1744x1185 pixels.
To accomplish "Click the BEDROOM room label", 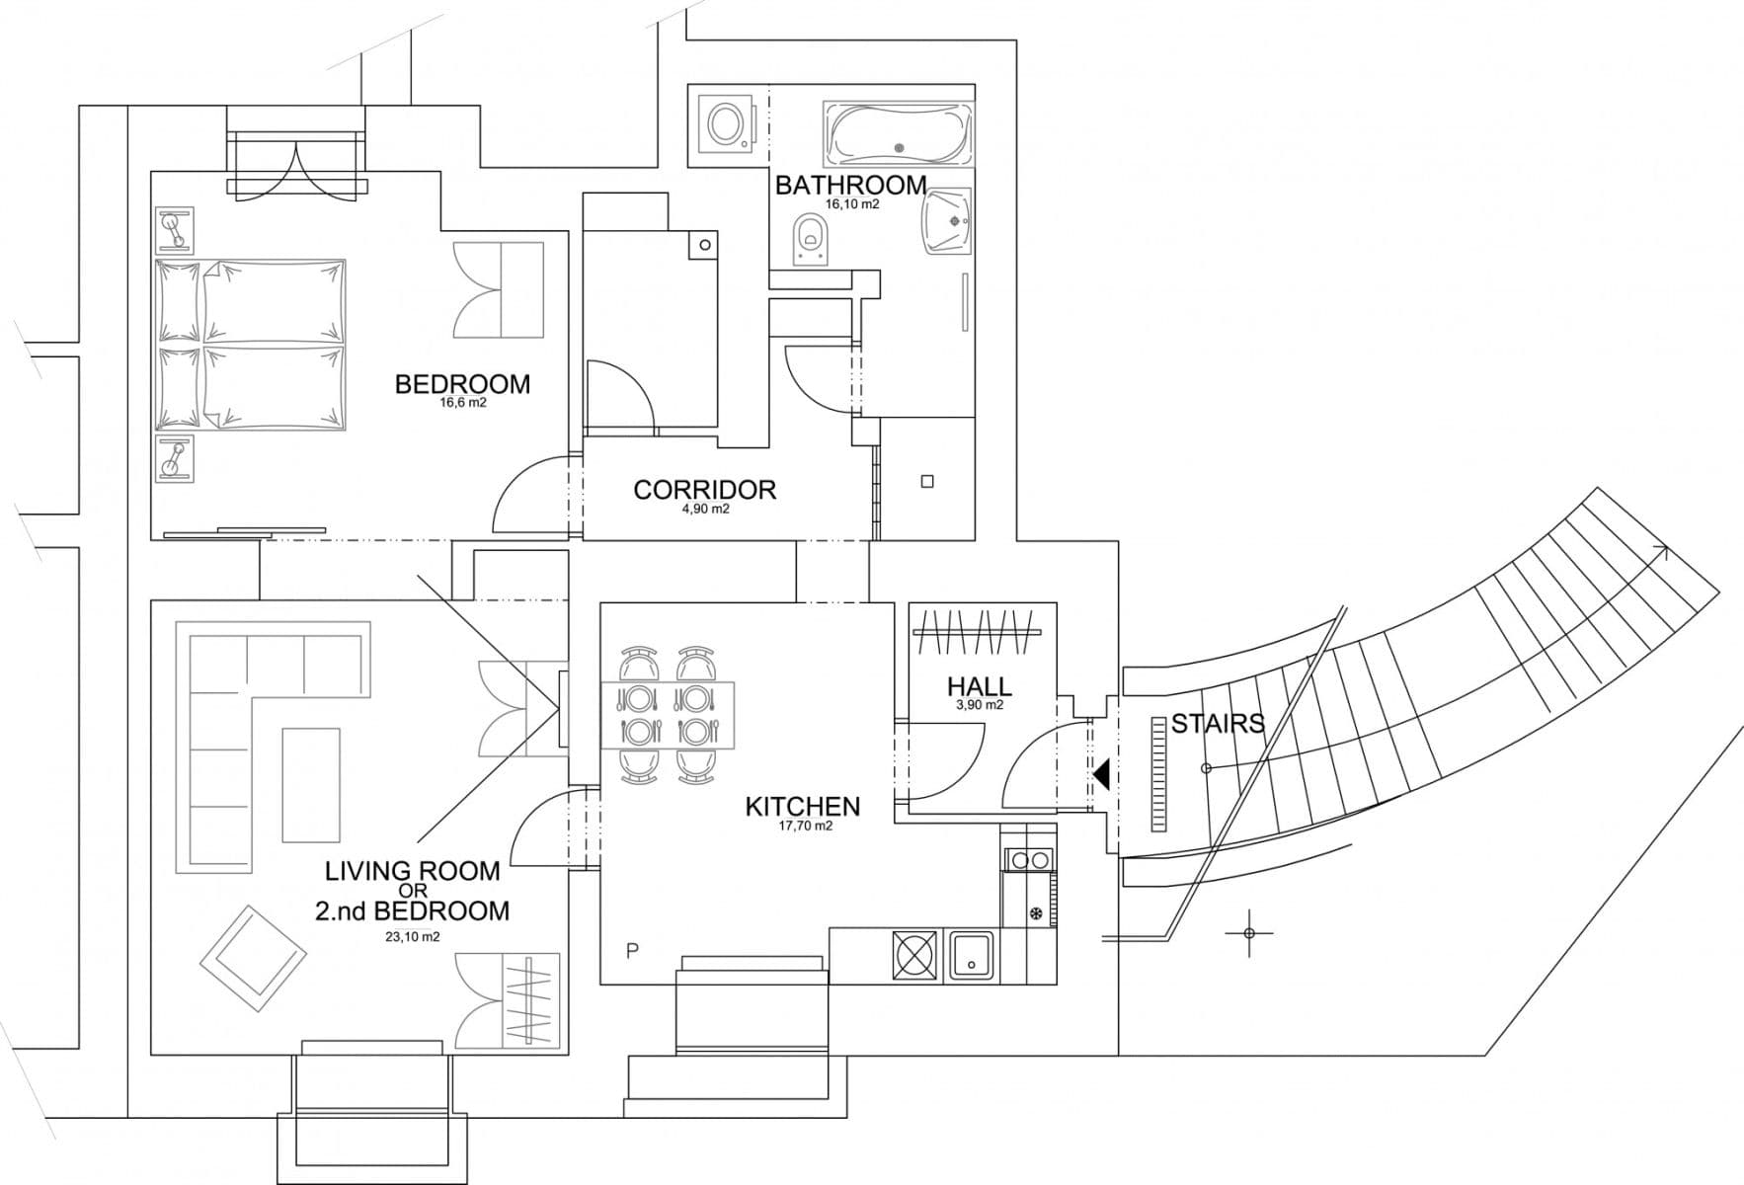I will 462,384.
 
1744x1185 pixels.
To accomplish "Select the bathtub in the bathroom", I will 898,134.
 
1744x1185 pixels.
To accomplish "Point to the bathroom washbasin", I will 947,222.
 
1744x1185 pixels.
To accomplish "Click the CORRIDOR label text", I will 704,490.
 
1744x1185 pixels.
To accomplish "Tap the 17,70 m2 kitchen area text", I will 806,826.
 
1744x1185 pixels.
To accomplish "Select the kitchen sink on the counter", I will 973,955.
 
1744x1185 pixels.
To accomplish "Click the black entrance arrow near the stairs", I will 1101,774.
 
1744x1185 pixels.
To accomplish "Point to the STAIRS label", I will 1217,724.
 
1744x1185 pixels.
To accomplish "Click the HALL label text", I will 979,686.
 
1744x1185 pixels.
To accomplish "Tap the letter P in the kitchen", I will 633,951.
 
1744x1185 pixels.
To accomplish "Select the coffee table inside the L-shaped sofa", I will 311,784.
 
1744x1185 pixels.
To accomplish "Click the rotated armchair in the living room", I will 253,959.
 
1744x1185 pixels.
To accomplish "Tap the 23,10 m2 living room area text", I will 412,937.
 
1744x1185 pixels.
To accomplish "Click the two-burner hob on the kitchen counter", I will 1029,860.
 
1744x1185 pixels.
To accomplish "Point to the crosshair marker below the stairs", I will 1249,933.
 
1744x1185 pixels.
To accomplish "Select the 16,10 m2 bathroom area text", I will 852,205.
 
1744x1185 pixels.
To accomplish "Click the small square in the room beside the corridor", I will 926,482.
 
